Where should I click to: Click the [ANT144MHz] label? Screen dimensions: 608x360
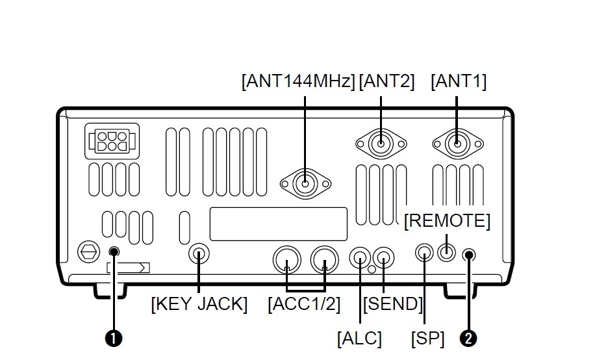[298, 81]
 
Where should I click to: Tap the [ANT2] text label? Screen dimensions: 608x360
[386, 81]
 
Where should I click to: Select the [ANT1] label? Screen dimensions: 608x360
[459, 81]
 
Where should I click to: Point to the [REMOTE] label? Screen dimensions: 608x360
[447, 221]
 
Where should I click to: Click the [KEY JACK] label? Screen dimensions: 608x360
[199, 303]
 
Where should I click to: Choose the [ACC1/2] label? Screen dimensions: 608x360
[304, 303]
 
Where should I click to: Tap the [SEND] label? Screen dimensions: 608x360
[392, 303]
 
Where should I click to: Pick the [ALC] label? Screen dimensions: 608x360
[359, 339]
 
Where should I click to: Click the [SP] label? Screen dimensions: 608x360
[427, 339]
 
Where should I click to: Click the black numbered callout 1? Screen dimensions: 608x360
[114, 339]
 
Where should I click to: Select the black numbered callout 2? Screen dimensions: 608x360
[468, 339]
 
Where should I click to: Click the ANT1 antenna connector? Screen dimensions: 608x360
[457, 144]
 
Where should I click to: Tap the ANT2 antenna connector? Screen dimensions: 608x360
[381, 144]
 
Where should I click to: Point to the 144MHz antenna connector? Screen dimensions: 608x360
[305, 183]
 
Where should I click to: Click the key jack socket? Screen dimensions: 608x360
[199, 254]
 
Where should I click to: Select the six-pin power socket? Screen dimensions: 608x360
[112, 141]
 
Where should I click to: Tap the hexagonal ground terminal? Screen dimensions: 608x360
[89, 252]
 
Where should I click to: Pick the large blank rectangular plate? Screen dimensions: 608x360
[279, 224]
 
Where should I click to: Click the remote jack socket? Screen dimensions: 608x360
[447, 253]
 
